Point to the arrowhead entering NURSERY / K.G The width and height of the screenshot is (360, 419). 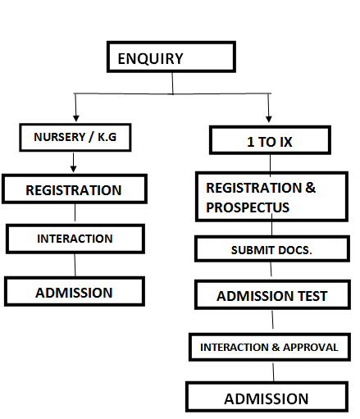pyautogui.click(x=76, y=118)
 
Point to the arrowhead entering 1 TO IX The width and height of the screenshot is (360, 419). pyautogui.click(x=269, y=119)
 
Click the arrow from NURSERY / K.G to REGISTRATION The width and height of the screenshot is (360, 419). pyautogui.click(x=73, y=162)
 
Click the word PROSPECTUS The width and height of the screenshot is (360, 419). pyautogui.click(x=248, y=207)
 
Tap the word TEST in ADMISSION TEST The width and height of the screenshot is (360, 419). pyautogui.click(x=312, y=296)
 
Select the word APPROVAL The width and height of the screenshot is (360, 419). pyautogui.click(x=311, y=347)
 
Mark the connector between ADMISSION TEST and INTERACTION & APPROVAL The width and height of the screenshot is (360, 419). pyautogui.click(x=272, y=320)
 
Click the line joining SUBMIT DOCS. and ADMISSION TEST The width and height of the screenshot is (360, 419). pyautogui.click(x=271, y=269)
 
